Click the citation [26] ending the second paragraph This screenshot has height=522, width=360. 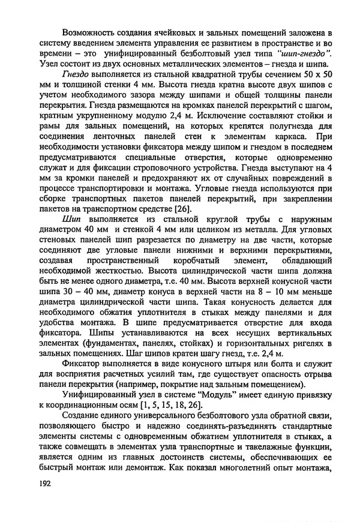coord(167,209)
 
